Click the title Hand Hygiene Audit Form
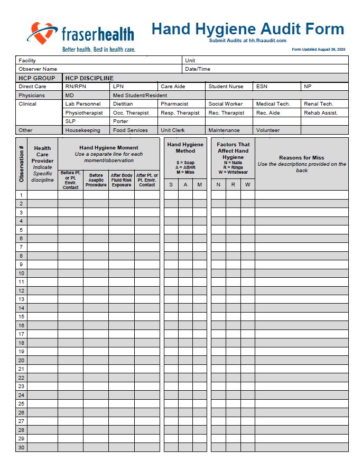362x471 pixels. [x=247, y=29]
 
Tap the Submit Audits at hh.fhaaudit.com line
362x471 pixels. [x=247, y=41]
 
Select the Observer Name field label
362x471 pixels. [x=38, y=69]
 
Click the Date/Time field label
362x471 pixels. [x=198, y=69]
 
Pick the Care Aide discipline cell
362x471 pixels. [x=173, y=87]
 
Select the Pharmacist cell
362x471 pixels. [x=174, y=104]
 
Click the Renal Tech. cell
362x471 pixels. [x=318, y=104]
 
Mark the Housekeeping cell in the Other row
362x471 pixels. [x=82, y=130]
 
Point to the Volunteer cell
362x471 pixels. [x=268, y=130]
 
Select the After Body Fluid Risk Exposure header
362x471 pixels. [x=122, y=180]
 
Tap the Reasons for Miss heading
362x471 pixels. [x=301, y=158]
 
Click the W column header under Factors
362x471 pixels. [x=247, y=185]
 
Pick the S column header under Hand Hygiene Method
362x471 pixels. [x=171, y=185]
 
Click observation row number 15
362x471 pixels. [x=21, y=317]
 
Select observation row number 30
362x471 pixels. [x=21, y=447]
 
